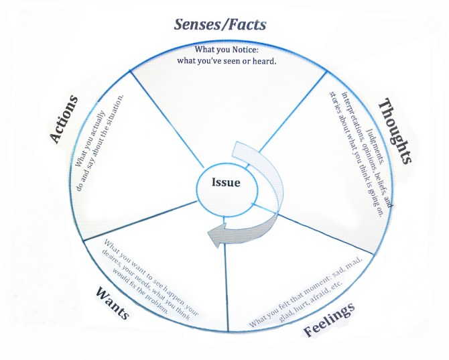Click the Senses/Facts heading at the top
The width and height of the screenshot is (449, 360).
[x=220, y=25]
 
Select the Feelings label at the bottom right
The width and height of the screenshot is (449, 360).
[x=329, y=321]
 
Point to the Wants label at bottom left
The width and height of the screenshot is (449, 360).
[x=113, y=301]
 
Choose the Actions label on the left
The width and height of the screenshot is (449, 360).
[x=65, y=119]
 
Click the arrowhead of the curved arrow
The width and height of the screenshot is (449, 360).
[x=218, y=234]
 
